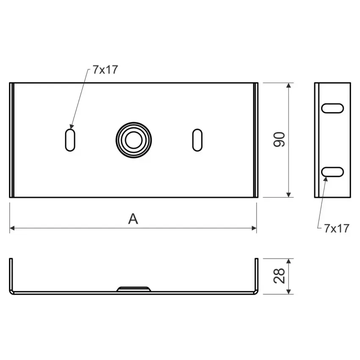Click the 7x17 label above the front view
click(x=105, y=69)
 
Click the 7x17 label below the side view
click(x=337, y=228)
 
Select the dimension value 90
click(x=279, y=139)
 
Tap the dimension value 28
click(x=279, y=276)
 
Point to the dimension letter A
click(x=133, y=219)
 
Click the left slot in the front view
click(x=70, y=140)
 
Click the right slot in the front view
click(x=197, y=140)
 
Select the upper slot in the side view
click(x=332, y=108)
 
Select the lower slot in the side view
click(x=332, y=172)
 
